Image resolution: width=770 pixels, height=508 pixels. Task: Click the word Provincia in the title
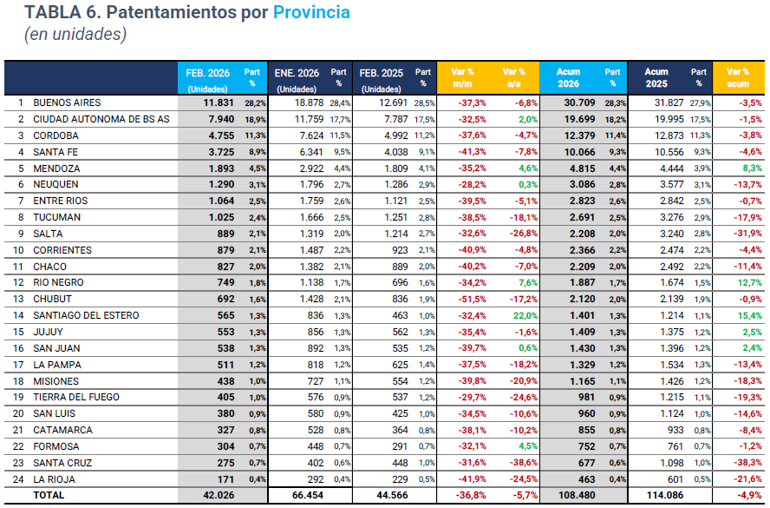[311, 12]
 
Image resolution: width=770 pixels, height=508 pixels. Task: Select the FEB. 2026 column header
[207, 79]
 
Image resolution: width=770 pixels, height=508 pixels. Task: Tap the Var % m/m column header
[462, 78]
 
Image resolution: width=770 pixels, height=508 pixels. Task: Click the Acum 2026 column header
[570, 78]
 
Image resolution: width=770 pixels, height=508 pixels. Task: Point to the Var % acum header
[738, 78]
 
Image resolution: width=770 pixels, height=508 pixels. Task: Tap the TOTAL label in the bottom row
[49, 495]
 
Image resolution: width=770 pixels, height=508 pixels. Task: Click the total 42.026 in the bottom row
[217, 495]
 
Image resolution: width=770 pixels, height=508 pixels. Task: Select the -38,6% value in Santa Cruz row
[519, 463]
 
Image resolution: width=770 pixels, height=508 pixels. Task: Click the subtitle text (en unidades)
[75, 35]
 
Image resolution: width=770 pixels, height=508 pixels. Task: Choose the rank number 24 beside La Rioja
[20, 479]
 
